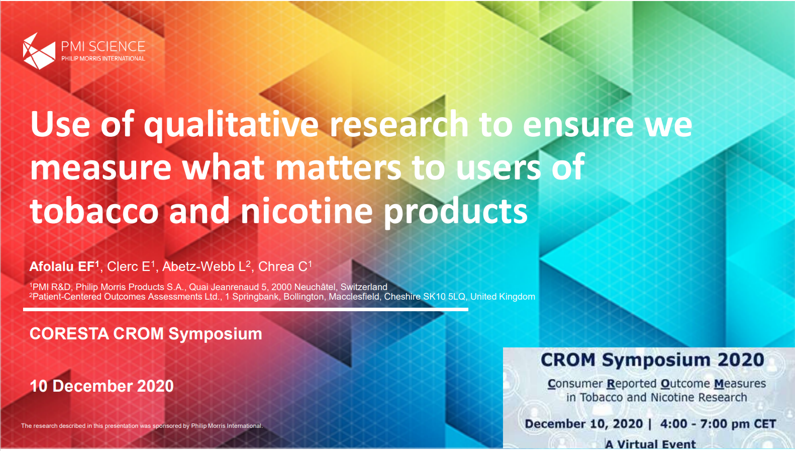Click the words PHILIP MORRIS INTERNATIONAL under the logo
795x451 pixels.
[104, 59]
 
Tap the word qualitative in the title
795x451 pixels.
[231, 125]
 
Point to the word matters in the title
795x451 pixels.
[338, 167]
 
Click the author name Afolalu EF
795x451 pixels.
[64, 266]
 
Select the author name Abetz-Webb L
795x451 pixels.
[207, 266]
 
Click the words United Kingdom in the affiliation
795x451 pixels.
[503, 297]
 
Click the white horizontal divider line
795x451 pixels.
[246, 310]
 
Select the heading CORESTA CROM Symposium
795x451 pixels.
[146, 334]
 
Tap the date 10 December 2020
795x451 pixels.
[102, 386]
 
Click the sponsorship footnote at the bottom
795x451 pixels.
[142, 426]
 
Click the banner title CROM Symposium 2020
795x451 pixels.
[652, 360]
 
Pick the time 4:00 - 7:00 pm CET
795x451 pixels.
[718, 424]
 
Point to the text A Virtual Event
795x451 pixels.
[651, 444]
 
